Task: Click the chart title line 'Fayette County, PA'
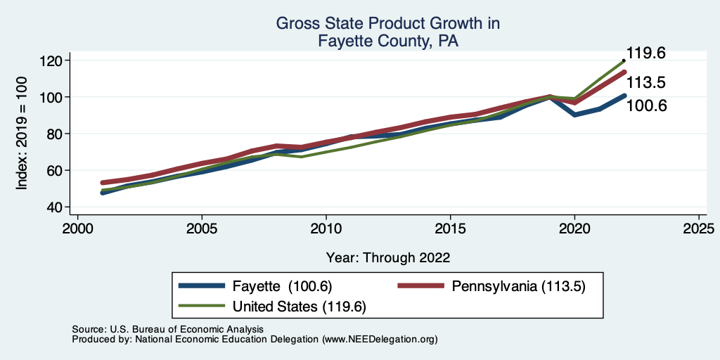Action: click(x=388, y=41)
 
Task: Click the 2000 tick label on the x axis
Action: click(x=77, y=229)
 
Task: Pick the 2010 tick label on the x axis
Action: click(x=326, y=229)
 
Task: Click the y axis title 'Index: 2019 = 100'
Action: click(x=22, y=134)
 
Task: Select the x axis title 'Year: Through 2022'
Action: click(x=388, y=257)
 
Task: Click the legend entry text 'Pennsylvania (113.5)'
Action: click(x=518, y=286)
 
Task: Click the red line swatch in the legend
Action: click(x=420, y=286)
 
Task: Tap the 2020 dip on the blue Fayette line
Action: click(x=575, y=115)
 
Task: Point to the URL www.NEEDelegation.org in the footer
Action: click(x=380, y=339)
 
